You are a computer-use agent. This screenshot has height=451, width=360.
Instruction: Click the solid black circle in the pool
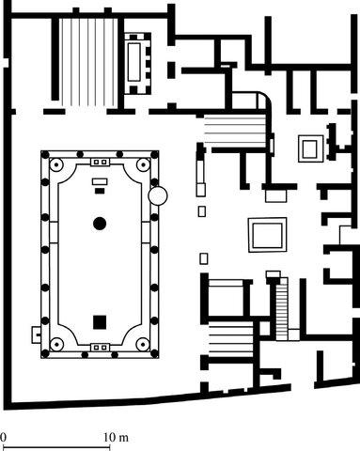(99, 223)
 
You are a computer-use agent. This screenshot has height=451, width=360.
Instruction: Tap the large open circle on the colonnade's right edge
(159, 197)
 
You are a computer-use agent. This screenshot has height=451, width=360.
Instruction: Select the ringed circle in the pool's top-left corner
(57, 164)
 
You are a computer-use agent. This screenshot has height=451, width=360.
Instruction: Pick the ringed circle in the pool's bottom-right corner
(142, 343)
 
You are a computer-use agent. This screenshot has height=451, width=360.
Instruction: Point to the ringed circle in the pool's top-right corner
(142, 164)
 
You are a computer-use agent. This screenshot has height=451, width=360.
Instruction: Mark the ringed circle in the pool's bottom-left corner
(57, 343)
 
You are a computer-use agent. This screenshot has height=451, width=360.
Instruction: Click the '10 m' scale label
(116, 438)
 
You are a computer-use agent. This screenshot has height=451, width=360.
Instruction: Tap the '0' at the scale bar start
(4, 438)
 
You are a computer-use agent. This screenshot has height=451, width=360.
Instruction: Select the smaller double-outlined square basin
(308, 147)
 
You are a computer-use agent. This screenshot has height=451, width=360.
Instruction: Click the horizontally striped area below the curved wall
(233, 131)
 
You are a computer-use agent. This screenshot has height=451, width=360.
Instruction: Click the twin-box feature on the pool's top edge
(99, 163)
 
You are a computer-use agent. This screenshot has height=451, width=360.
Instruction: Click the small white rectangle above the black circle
(99, 191)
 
